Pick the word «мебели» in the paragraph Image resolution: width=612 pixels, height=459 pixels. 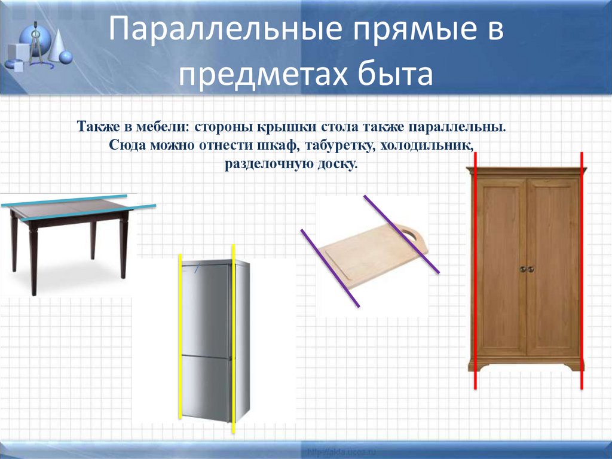161,127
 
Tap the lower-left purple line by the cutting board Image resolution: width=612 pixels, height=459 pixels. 330,268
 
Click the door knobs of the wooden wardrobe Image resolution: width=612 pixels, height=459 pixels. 527,269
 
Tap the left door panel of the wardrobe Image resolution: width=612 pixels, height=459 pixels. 501,266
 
